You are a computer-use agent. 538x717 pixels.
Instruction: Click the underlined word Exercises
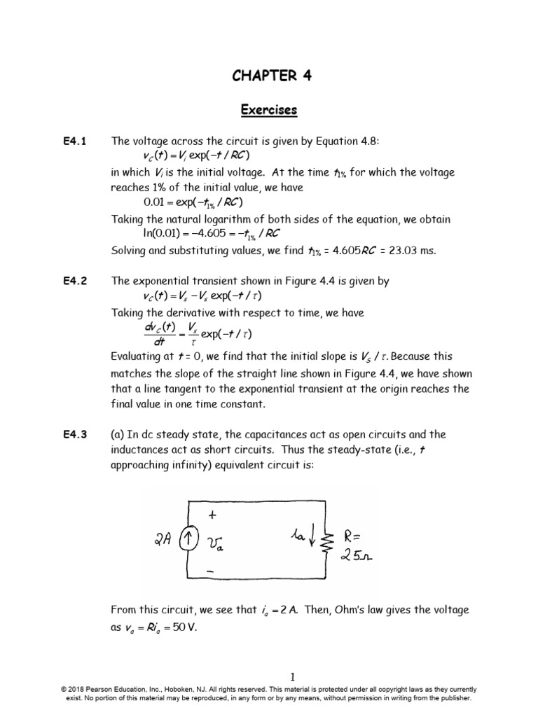269,110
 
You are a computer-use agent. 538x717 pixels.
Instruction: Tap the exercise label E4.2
74,281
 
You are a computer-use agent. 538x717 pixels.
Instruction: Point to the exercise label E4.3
74,435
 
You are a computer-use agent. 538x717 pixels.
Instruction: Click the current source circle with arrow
188,539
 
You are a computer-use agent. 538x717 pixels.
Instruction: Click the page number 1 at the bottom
293,676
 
